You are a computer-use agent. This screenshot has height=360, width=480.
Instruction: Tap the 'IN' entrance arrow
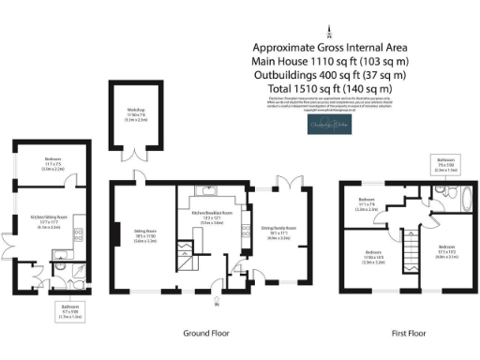[217, 303]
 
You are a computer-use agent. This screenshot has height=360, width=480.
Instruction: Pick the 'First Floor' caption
[409, 333]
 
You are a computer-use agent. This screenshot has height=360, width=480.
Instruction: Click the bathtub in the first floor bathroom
[460, 197]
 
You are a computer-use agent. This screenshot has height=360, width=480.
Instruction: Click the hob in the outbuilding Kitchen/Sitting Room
[78, 233]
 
